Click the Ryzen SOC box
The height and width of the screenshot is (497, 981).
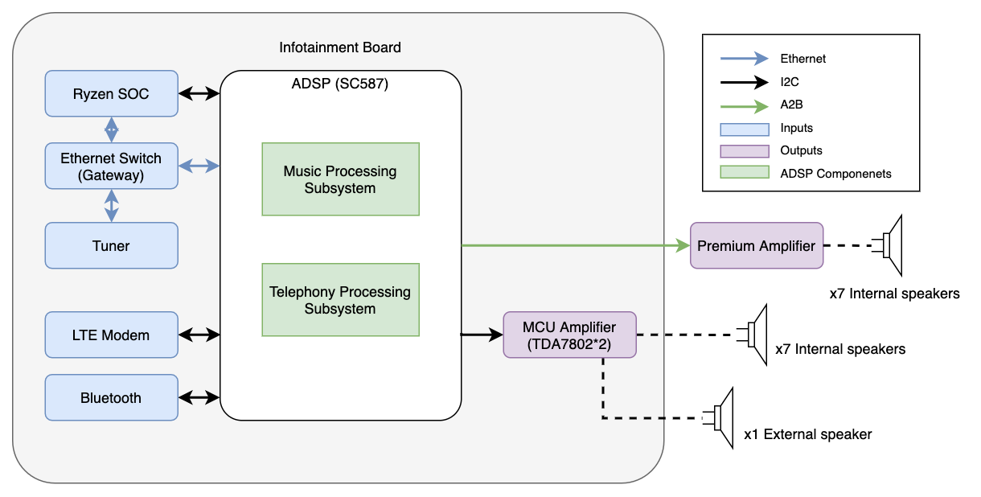tap(111, 94)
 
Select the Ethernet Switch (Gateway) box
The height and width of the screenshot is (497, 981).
tap(111, 166)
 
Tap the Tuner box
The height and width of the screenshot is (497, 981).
tap(111, 245)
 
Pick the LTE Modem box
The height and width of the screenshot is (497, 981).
tap(111, 335)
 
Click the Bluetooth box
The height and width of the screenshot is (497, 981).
tap(111, 397)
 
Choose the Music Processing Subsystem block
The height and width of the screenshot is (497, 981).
tap(340, 179)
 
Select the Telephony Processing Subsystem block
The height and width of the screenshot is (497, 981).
tap(340, 300)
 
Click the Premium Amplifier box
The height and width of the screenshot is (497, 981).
tap(757, 245)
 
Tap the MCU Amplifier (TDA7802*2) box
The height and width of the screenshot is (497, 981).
tap(569, 335)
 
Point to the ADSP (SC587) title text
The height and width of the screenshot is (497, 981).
tap(340, 84)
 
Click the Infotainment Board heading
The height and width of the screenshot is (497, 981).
tap(340, 47)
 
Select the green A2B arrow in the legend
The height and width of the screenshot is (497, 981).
tap(744, 105)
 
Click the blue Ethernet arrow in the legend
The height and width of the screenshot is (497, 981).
tap(744, 59)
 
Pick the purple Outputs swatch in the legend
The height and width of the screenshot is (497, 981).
tap(744, 150)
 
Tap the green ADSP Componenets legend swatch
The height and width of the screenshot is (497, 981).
tap(744, 174)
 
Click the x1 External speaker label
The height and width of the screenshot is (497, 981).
tap(807, 434)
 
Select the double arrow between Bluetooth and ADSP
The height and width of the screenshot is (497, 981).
tap(199, 397)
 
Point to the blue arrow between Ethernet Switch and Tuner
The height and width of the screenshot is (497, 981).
tap(111, 206)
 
